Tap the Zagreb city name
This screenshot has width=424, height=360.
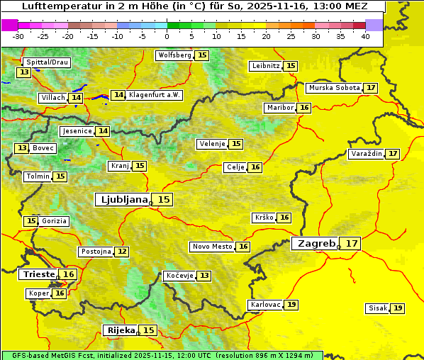coord(315,243)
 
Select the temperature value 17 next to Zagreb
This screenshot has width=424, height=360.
coord(352,243)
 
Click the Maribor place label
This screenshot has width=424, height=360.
coord(279,108)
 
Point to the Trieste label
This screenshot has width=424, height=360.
coord(39,274)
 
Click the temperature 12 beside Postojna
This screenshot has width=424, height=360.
coord(123,252)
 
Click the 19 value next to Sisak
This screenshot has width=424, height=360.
coord(398,308)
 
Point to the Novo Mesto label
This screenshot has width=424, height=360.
coord(212,247)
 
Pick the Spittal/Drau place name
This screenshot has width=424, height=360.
coord(46,62)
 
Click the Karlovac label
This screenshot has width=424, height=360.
coord(264,305)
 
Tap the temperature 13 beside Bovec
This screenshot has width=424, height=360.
coord(23,148)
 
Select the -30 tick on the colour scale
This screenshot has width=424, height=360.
coord(18,35)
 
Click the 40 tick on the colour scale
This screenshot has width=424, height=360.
coord(364,35)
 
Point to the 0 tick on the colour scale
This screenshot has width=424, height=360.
coord(167,35)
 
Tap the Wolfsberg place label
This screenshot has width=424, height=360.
coord(174,55)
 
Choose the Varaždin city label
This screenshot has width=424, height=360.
coord(366,154)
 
